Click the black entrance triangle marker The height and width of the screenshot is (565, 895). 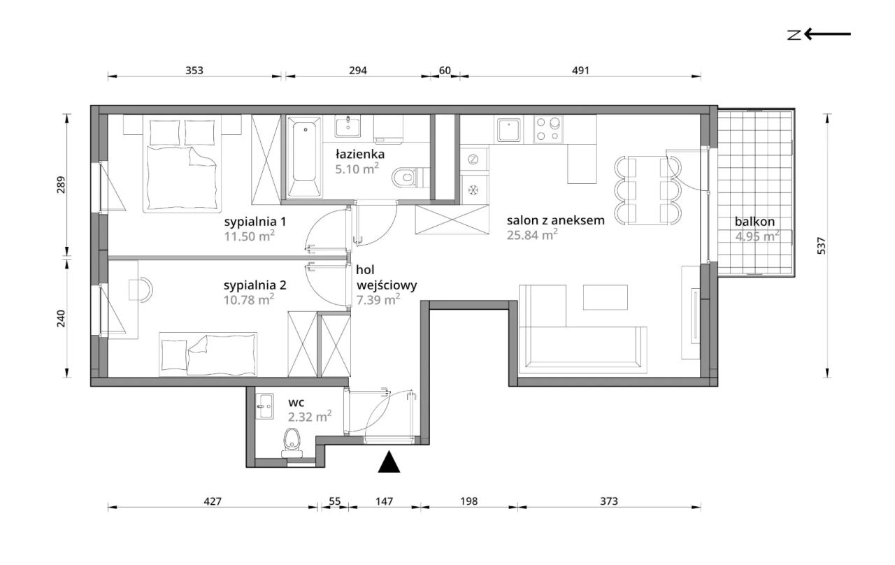coord(389,462)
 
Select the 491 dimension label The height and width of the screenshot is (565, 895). coord(580,71)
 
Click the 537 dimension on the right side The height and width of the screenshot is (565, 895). coord(821,245)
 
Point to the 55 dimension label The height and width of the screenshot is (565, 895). coord(334,501)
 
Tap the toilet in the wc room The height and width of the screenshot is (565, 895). coord(292,443)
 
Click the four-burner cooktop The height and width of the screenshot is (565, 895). coord(548,129)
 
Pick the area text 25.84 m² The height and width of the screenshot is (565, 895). coord(532,235)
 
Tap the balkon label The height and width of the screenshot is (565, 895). coord(754,222)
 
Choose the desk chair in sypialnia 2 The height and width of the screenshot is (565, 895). coord(141,289)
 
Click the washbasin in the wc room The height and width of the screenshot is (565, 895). coord(264,406)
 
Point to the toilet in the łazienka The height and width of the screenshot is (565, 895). coord(405,178)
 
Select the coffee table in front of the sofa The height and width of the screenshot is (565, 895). coord(605,297)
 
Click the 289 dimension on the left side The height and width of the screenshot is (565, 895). coord(61,185)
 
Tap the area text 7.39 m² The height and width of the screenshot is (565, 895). coord(378,300)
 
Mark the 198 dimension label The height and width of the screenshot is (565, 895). coord(468,501)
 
